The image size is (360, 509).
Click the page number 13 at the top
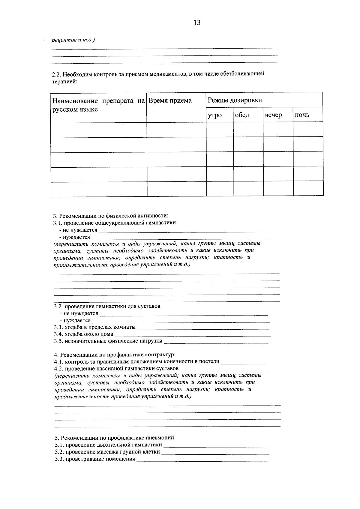click(x=197, y=23)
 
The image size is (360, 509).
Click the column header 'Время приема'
click(x=170, y=100)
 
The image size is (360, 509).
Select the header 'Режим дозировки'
click(x=235, y=100)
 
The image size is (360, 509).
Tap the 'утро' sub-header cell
click(x=214, y=115)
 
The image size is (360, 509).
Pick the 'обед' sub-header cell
click(x=242, y=115)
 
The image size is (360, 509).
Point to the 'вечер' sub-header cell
click(x=273, y=115)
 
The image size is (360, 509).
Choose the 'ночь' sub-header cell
click(x=302, y=115)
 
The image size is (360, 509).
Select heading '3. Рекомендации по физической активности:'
click(x=111, y=216)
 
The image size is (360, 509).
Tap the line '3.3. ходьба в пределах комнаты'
click(x=95, y=327)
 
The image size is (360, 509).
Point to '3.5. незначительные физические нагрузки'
click(x=108, y=341)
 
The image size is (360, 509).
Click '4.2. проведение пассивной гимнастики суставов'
click(x=116, y=368)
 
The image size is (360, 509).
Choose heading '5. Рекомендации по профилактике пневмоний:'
click(x=115, y=438)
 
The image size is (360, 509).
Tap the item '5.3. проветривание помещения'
click(x=95, y=459)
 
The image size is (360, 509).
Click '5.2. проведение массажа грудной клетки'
click(x=107, y=452)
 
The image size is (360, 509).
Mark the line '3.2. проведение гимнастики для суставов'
click(x=107, y=307)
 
